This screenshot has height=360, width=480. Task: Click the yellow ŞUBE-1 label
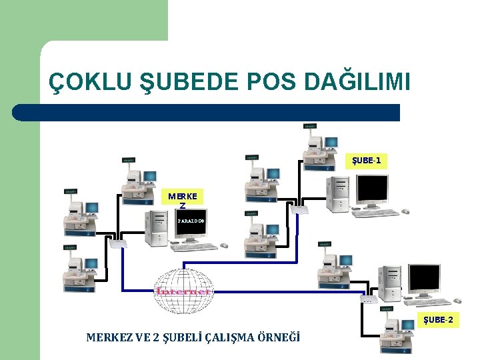coord(367,161)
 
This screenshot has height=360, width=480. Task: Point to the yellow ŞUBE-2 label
coord(438,320)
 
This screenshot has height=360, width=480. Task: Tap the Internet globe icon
coord(183,291)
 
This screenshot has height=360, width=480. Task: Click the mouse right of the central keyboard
coord(225,245)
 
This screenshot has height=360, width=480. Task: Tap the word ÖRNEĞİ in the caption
coord(281,337)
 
